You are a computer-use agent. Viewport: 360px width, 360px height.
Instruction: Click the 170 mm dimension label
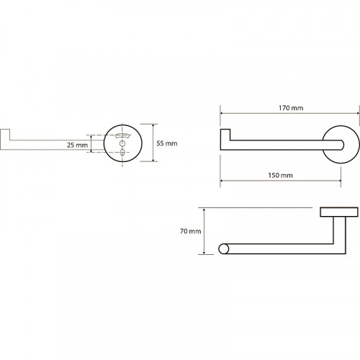(291, 108)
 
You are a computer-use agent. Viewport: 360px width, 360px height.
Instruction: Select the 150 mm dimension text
(280, 175)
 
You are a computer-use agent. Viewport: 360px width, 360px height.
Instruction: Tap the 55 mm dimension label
(167, 143)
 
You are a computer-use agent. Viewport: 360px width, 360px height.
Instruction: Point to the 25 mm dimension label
(77, 145)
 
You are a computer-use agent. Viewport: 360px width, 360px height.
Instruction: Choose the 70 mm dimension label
(191, 231)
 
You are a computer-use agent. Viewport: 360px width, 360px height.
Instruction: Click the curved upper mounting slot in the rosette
(122, 135)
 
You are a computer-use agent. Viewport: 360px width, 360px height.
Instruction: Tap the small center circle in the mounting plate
(122, 143)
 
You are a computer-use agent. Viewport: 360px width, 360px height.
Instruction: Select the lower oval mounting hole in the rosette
(122, 153)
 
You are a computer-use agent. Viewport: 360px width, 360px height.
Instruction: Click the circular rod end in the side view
(224, 249)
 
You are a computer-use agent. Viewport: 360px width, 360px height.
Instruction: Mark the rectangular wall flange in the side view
(339, 212)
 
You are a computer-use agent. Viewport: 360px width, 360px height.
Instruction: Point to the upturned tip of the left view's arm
(5, 135)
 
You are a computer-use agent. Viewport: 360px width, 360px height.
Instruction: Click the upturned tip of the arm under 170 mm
(225, 135)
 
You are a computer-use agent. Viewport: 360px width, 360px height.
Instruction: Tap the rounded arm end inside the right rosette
(342, 145)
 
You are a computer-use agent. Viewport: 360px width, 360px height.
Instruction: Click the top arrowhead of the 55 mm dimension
(153, 126)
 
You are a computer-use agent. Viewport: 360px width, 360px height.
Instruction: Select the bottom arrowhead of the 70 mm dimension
(204, 252)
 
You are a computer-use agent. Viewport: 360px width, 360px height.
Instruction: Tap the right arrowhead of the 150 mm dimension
(338, 181)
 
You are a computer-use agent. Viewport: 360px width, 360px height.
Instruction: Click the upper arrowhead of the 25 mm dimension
(91, 137)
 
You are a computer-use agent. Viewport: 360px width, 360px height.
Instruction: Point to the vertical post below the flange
(340, 235)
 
